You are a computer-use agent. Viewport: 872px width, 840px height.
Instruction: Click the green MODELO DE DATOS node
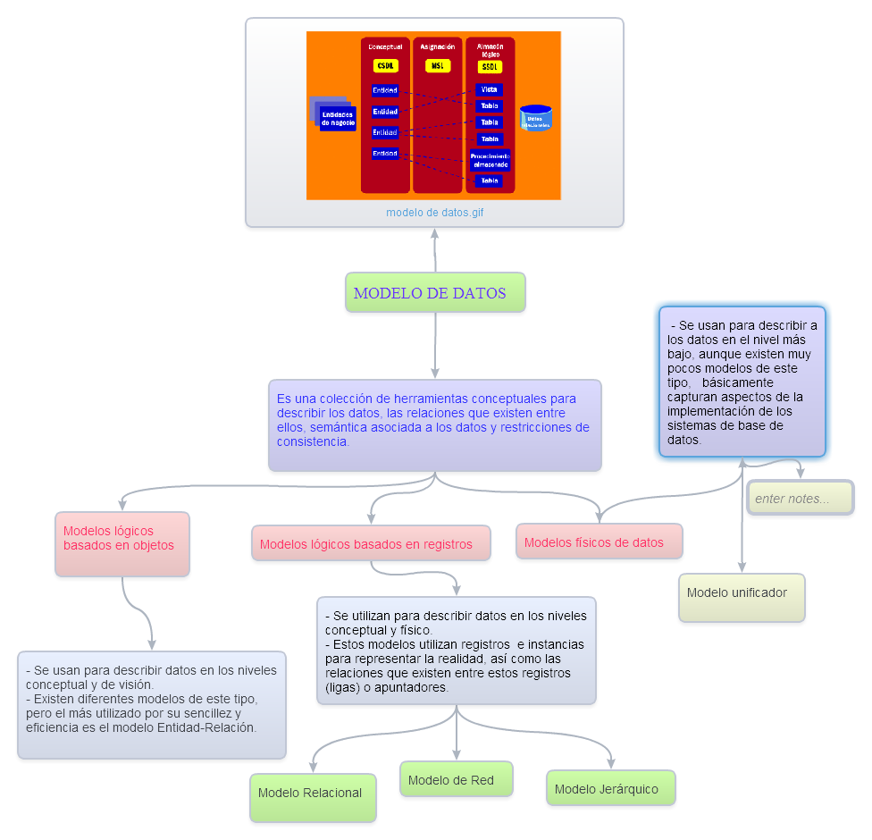coord(435,292)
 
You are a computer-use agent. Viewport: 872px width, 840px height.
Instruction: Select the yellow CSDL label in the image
coord(385,66)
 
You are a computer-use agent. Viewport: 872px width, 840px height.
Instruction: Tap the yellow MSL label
coord(437,66)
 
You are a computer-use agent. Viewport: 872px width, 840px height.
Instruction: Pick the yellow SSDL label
coord(490,67)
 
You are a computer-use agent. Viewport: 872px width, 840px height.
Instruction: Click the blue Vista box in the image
coord(489,89)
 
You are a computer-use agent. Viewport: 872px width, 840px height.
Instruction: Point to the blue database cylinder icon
coord(535,118)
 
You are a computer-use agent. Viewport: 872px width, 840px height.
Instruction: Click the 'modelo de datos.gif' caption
coord(435,213)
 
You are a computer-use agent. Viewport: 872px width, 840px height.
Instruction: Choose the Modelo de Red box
coord(456,779)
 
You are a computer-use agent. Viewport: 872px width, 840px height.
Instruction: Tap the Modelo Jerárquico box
coord(610,788)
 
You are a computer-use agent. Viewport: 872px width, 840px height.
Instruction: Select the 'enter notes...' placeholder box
coord(800,499)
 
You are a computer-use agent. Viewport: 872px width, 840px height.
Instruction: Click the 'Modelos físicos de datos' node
coord(599,542)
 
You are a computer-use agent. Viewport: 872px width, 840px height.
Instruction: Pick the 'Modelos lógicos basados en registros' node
coord(371,543)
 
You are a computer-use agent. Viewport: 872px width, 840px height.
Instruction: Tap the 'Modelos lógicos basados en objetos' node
coord(122,543)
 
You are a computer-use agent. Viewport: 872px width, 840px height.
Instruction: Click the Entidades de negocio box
coord(337,118)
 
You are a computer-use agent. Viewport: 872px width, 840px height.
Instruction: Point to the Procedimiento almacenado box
coord(490,160)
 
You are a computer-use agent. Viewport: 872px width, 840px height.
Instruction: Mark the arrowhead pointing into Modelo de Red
coord(457,755)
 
